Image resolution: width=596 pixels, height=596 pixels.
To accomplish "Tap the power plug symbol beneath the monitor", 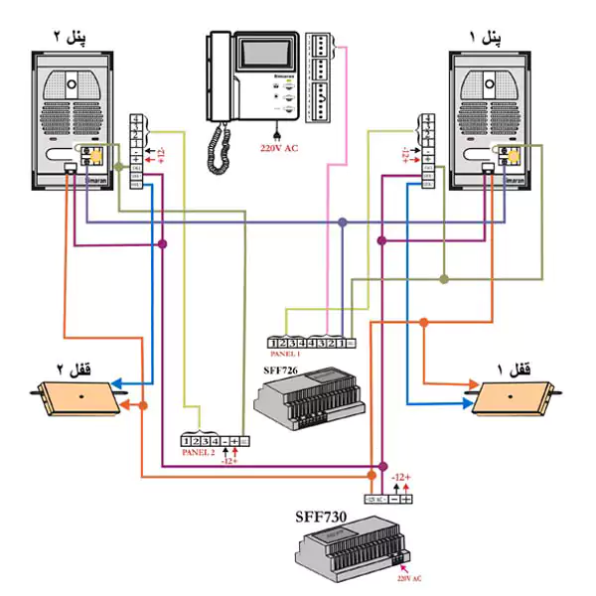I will [273, 131].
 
